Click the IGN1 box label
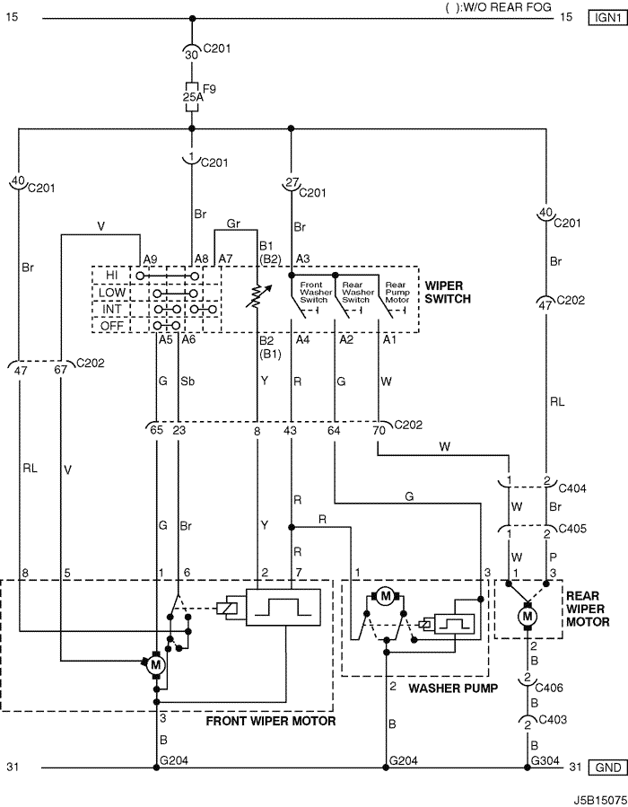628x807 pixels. point(608,17)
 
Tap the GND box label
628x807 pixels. point(608,768)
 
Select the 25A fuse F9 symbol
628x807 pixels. point(192,96)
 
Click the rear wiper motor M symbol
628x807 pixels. point(528,616)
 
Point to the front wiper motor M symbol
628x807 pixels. point(156,665)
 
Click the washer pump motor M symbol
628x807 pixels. point(385,597)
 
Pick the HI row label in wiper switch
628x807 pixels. point(111,276)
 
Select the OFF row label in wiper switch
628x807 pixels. point(111,326)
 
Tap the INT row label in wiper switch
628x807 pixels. point(111,309)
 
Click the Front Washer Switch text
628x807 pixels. point(314,292)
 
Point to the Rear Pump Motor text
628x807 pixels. point(397,292)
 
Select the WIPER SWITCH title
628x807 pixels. point(448,292)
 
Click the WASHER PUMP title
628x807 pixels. point(453,689)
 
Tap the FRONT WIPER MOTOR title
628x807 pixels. point(271,721)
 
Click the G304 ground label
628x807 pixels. point(545,760)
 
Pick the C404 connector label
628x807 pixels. point(572,488)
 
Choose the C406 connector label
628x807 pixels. point(549,688)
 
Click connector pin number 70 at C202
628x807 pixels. point(379,430)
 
